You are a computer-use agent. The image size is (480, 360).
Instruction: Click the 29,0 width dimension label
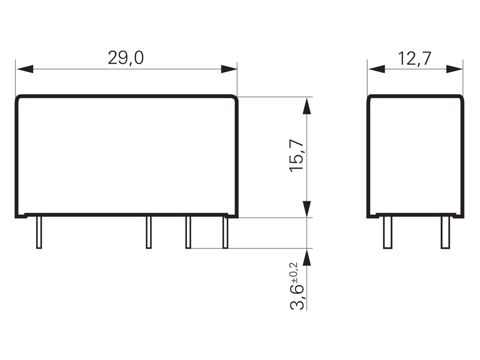[126, 58]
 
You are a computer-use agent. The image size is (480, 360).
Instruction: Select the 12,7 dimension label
[414, 58]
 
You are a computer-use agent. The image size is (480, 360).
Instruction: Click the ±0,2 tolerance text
[294, 274]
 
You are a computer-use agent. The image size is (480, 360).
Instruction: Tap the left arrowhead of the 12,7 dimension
[376, 69]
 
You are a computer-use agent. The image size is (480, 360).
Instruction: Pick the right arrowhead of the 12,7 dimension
[454, 69]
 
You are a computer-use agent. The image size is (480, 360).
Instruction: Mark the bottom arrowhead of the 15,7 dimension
[307, 209]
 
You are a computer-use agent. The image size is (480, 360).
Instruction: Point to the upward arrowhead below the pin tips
[307, 257]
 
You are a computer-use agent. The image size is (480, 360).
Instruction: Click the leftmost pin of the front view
[39, 232]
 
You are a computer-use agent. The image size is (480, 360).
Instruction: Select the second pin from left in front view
[149, 232]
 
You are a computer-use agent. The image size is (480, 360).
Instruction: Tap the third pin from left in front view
[188, 232]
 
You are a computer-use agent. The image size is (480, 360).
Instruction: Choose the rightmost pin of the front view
[225, 232]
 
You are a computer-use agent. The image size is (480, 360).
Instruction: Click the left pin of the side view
[388, 232]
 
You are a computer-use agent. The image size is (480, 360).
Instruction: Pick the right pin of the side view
[445, 232]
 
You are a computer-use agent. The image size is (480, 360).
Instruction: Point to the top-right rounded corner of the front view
[235, 98]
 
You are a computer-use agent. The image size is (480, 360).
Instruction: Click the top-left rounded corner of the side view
[370, 98]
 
